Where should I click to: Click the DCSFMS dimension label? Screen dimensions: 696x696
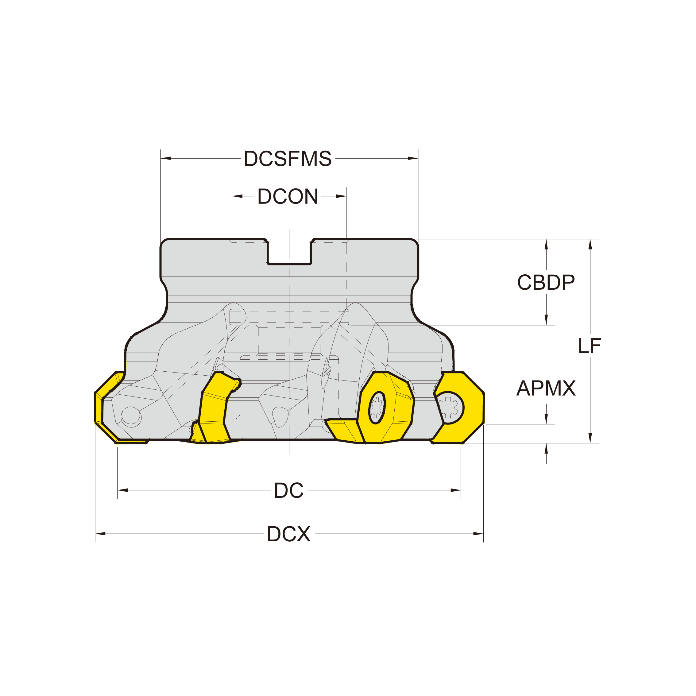click(x=288, y=159)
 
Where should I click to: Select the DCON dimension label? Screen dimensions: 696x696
click(x=288, y=196)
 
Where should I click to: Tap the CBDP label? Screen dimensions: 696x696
click(x=546, y=282)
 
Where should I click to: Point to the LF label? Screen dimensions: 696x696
click(x=590, y=346)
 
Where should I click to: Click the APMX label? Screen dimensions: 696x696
click(x=546, y=388)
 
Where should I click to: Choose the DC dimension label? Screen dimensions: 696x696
click(x=288, y=490)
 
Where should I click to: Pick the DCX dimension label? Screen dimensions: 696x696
click(x=288, y=534)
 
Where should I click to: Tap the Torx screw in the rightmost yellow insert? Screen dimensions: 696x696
click(x=448, y=408)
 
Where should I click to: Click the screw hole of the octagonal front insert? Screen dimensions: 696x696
click(x=377, y=408)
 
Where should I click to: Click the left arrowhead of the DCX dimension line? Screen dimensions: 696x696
click(x=100, y=534)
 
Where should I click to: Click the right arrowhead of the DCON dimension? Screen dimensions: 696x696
click(x=341, y=196)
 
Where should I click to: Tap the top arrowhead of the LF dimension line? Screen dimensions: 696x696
click(x=590, y=245)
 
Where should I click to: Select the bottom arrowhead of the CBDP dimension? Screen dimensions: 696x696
click(x=546, y=319)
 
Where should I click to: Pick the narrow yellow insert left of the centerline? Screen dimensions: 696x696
click(x=214, y=407)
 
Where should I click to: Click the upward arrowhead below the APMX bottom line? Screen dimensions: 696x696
click(x=546, y=449)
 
